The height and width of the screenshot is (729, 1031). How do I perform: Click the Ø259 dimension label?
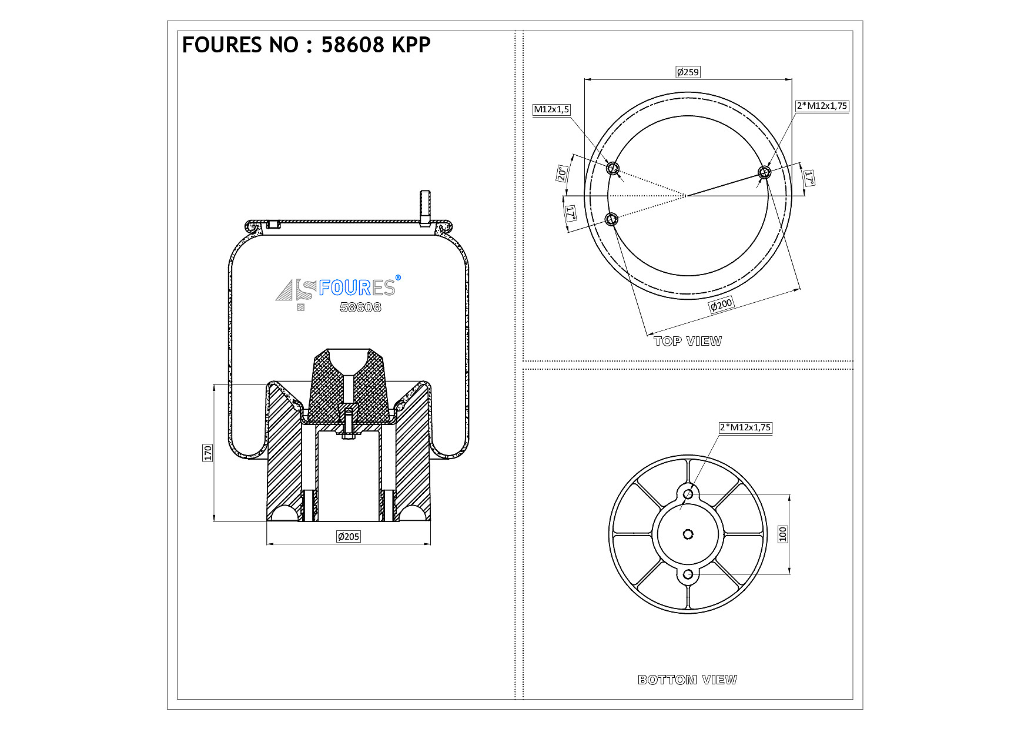[688, 72]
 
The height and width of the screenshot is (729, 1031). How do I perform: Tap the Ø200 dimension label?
[721, 305]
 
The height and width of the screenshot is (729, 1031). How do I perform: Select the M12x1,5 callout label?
[551, 109]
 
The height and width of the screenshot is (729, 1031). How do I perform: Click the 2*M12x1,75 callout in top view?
[822, 106]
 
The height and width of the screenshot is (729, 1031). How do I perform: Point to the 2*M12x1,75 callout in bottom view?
[745, 427]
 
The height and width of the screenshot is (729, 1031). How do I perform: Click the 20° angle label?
[562, 173]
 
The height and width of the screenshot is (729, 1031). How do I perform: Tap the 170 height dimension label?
[207, 453]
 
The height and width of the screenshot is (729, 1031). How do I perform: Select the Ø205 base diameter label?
[349, 536]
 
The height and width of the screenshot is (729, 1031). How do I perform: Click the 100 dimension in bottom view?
[782, 534]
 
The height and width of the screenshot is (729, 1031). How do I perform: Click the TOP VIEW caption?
[688, 341]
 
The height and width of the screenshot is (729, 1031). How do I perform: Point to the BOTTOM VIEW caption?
[687, 680]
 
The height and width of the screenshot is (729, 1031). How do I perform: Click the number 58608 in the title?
[353, 45]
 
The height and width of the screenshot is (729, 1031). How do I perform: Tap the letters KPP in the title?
[411, 45]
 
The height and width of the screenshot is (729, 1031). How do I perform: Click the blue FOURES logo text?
[357, 287]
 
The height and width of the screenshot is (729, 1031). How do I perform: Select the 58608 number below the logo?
[360, 307]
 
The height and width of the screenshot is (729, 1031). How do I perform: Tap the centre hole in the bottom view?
[688, 534]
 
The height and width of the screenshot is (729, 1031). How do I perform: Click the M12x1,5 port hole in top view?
[613, 168]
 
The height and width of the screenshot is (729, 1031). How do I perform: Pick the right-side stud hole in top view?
[764, 172]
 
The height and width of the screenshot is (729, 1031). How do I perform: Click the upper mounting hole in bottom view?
[688, 494]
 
